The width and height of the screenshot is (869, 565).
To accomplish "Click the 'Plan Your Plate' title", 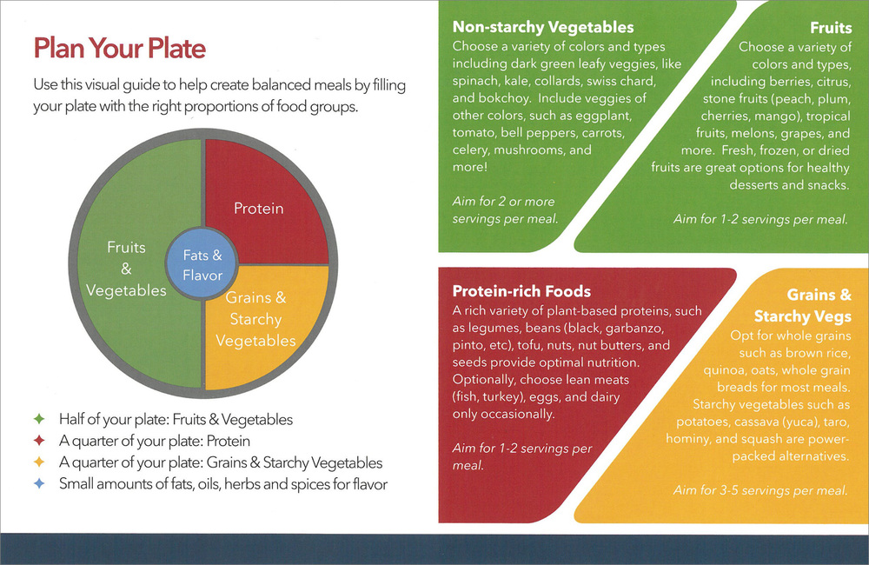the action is pos(120,48).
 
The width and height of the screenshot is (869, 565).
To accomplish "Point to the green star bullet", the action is pos(39,419).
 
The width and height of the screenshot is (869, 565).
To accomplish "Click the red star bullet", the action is pos(39,441).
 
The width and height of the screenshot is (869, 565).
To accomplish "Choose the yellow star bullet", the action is pos(39,462).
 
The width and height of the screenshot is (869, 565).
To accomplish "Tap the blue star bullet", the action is pos(39,483).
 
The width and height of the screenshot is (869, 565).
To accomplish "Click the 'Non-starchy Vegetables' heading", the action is pos(543,27).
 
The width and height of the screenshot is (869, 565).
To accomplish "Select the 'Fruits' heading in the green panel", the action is pos(830,28).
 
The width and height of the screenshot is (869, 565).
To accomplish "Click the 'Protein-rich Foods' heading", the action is pos(521,291).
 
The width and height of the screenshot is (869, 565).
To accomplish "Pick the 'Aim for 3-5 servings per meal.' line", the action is pos(760,490).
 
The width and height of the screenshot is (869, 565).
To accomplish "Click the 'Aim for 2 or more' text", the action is pos(503,202).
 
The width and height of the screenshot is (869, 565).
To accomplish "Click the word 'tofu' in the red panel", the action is pos(528,345).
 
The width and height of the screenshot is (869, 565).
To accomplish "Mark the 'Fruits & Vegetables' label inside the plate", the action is pos(126,269).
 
